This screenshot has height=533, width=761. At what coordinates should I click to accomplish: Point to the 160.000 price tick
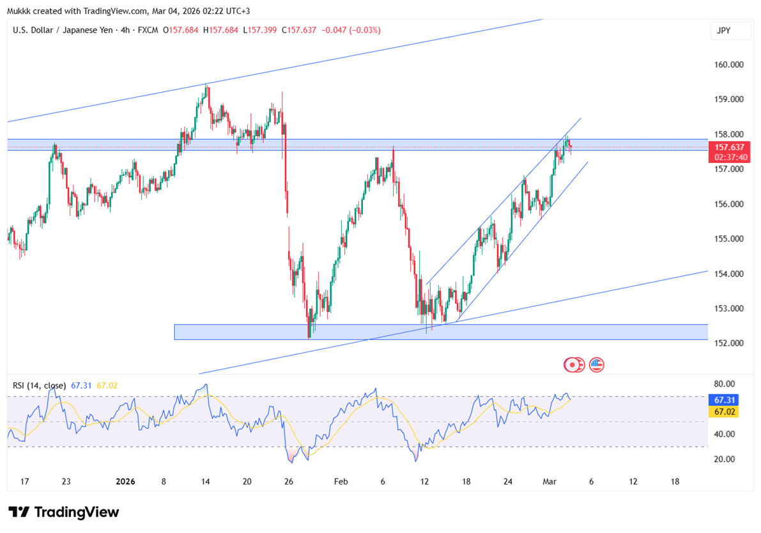point(729,65)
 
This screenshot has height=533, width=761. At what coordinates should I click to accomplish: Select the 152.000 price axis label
point(729,343)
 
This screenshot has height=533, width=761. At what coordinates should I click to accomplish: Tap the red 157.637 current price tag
point(724,148)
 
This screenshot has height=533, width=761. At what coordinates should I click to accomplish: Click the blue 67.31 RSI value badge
point(723,400)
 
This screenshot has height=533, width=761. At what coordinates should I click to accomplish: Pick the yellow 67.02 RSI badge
point(723,412)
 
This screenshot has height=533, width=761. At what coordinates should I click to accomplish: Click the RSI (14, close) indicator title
point(39,385)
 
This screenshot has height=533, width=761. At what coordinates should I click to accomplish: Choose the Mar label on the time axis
point(549,482)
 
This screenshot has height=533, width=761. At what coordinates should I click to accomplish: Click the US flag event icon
point(596,365)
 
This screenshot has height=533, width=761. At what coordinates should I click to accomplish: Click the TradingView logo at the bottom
point(64,512)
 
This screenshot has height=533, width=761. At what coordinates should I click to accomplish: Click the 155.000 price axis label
point(729,239)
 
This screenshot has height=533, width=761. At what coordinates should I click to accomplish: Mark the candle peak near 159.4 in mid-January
point(206,85)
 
